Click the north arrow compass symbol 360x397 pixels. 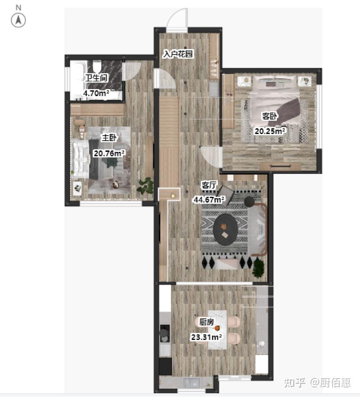point(18,20)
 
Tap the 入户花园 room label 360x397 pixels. point(178,54)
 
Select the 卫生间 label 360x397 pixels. point(97,78)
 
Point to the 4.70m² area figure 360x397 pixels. point(96,93)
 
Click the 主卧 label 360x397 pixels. point(109,138)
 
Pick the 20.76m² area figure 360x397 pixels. point(109,153)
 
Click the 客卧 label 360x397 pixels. point(270,116)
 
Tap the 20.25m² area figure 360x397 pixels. point(270,131)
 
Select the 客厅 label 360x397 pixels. point(209,185)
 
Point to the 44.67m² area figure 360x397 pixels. point(209,199)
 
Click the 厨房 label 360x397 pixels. point(206,322)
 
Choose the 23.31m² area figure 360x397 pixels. point(206,337)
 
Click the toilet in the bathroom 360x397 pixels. point(97,66)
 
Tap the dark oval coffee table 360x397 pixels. point(225,229)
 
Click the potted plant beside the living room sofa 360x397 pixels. point(258,268)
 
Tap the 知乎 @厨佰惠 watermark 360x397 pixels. point(317,382)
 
